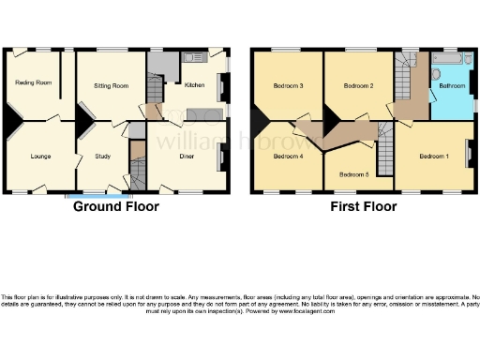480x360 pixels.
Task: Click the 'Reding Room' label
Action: pos(33,83)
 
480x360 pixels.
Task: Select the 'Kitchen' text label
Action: pos(194,85)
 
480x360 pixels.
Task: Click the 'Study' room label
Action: pos(103,156)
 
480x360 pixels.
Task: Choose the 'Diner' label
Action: pos(187,156)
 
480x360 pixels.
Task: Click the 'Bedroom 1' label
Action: pos(434,156)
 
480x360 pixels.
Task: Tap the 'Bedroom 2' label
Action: pos(358,86)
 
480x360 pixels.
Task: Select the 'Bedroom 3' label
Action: pos(288,86)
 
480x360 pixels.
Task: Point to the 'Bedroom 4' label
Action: pos(288,156)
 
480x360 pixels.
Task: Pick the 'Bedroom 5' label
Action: pos(353,174)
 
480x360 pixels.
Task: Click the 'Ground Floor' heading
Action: pos(116,206)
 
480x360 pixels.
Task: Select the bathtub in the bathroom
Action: pos(445,59)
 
